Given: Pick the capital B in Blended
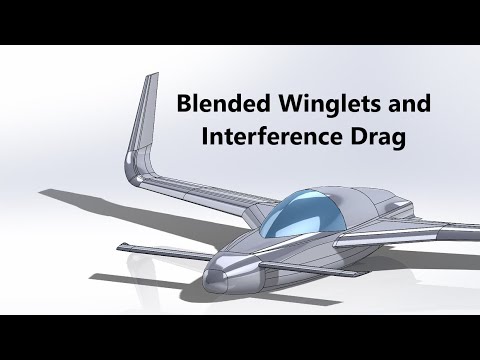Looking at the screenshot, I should tap(184, 103).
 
